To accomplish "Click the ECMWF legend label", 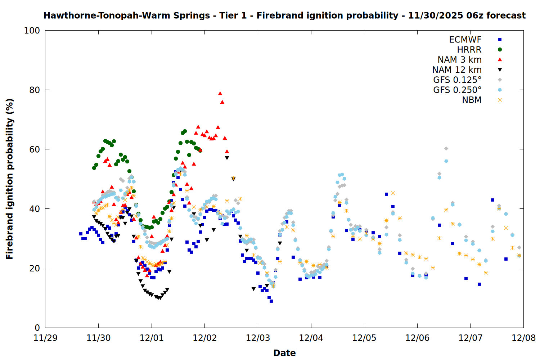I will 465,40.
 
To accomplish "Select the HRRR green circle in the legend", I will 500,50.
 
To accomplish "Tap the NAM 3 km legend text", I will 459,60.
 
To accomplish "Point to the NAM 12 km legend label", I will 457,70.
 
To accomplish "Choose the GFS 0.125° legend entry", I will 457,80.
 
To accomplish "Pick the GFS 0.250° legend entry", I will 457,90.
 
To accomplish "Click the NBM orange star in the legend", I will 500,100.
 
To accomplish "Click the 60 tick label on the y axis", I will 35,149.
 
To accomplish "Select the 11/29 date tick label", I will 45,338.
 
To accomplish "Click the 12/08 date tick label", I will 523,338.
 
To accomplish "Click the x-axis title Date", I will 284,353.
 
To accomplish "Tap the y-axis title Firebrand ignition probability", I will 10,179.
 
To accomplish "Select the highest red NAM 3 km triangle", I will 220,93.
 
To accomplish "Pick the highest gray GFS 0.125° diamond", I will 446,148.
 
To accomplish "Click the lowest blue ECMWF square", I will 271,301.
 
